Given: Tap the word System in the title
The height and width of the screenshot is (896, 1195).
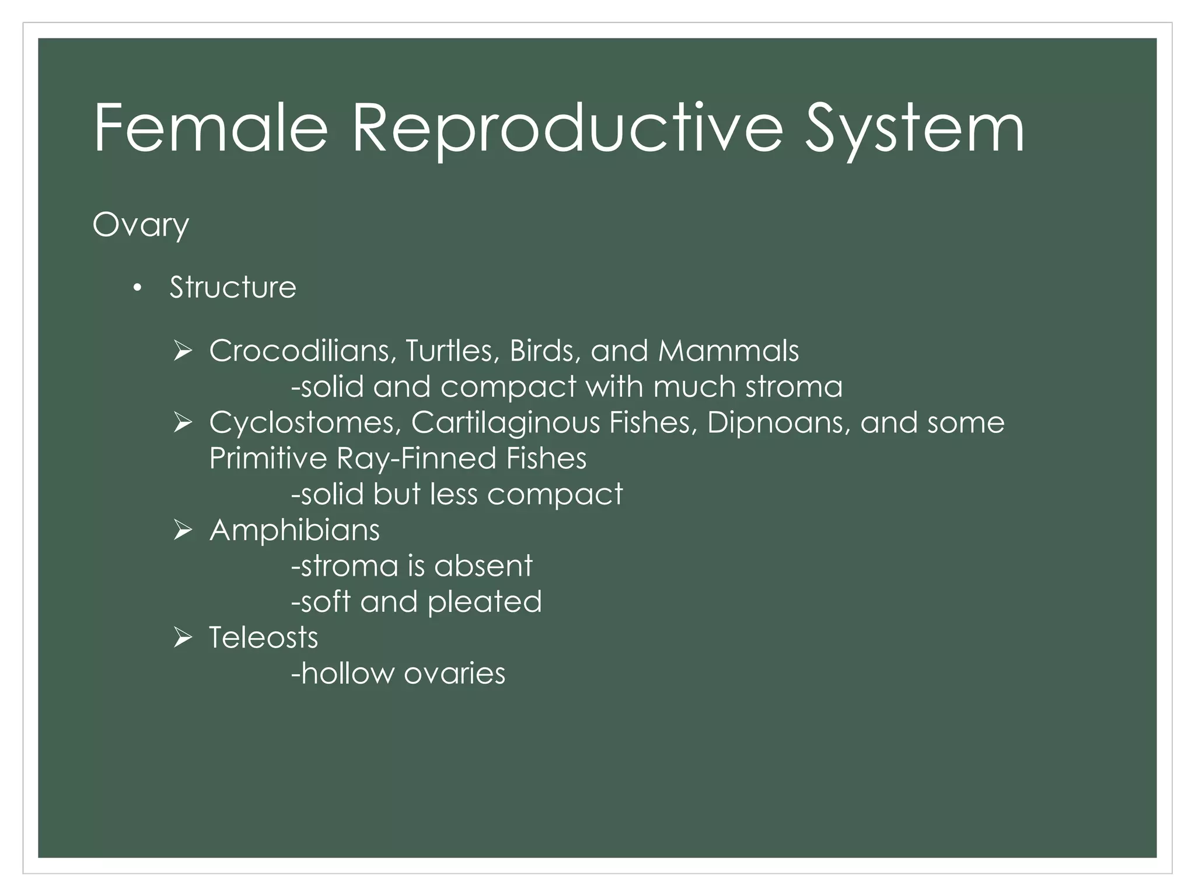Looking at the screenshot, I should tap(914, 128).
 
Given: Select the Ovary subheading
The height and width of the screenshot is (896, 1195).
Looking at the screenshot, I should tap(141, 225).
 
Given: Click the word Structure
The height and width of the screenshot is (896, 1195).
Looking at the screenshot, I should tap(233, 288).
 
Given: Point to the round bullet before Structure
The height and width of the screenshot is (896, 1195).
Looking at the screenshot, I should tap(137, 288).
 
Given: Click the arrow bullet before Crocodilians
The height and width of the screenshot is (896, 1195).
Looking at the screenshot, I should tap(183, 351).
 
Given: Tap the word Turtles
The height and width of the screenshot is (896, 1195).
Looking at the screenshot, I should tap(452, 351).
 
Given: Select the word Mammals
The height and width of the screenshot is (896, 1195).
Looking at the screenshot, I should tap(728, 351).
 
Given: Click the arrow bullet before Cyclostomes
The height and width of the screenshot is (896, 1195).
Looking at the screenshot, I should tap(183, 423).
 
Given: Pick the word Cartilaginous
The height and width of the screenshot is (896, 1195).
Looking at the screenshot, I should tap(505, 423).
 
